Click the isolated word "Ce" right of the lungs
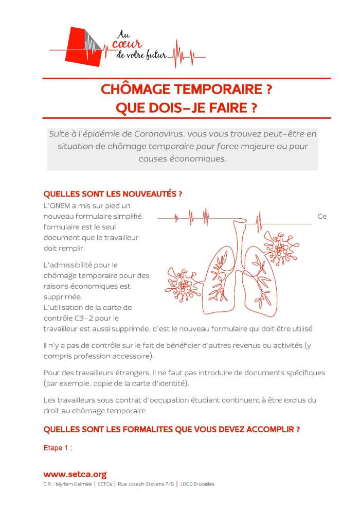point(322,216)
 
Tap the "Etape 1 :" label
point(58,448)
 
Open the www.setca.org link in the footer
point(75,475)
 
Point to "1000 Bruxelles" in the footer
point(197,484)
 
